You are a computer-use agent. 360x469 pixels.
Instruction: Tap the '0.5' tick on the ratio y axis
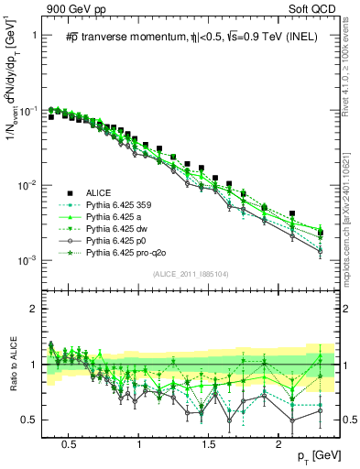coord(29,420)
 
